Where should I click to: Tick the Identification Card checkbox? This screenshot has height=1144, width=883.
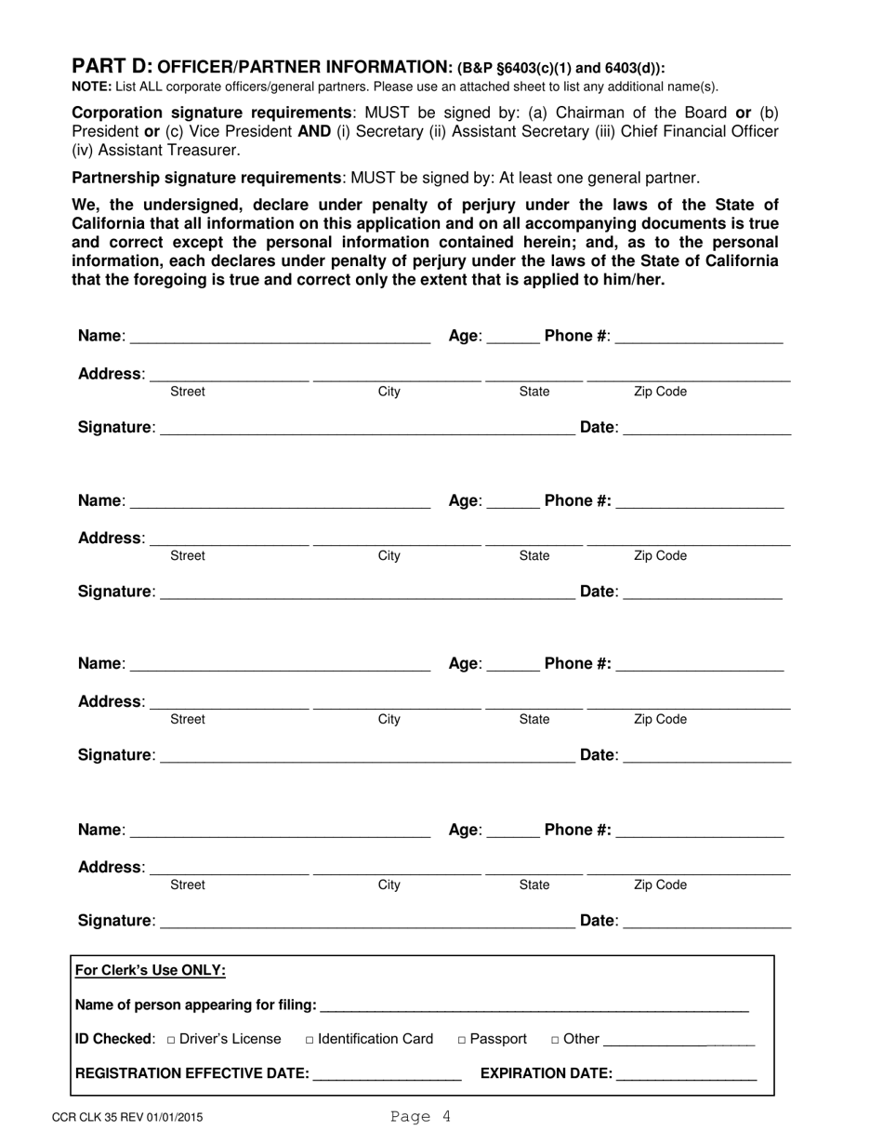pyautogui.click(x=310, y=1040)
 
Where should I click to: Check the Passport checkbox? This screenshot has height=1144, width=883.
pyautogui.click(x=462, y=1040)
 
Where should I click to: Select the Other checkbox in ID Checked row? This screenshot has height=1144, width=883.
pyautogui.click(x=555, y=1040)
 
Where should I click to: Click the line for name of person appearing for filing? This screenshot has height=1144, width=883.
pyautogui.click(x=534, y=1007)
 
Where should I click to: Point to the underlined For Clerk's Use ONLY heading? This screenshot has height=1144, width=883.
pyautogui.click(x=151, y=971)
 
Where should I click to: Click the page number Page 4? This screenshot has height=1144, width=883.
pyautogui.click(x=420, y=1117)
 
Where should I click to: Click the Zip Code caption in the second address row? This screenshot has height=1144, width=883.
pyautogui.click(x=660, y=556)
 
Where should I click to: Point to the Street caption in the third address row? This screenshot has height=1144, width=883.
pyautogui.click(x=188, y=720)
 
